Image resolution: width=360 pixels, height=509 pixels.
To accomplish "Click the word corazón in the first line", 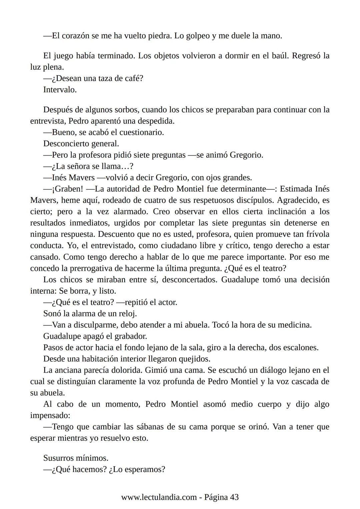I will pyautogui.click(x=75, y=36).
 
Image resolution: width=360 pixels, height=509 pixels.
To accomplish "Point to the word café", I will pyautogui.click(x=134, y=78).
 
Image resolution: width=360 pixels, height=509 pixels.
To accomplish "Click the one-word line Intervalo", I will pyautogui.click(x=60, y=90).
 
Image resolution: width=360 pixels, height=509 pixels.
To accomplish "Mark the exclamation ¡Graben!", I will pyautogui.click(x=67, y=189).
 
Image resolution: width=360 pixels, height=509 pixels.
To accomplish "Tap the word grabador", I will pyautogui.click(x=131, y=336).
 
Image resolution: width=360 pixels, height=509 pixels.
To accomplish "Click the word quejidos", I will pyautogui.click(x=194, y=359).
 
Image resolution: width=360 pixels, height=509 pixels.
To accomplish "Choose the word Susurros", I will pyautogui.click(x=60, y=458).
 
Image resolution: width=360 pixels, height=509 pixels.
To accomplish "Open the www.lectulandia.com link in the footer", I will pyautogui.click(x=159, y=497).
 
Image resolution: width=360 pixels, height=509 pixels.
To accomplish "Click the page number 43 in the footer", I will pyautogui.click(x=234, y=497).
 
